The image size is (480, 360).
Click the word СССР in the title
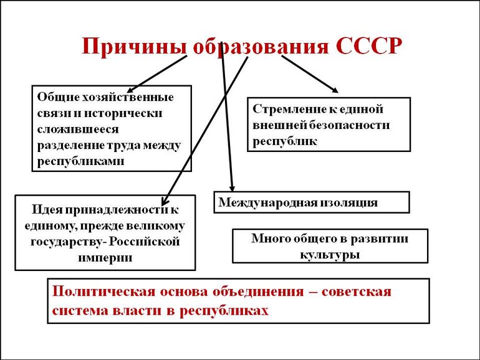(367, 47)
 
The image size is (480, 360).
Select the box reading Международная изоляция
(312, 202)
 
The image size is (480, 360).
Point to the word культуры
(329, 254)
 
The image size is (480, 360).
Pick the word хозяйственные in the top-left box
(134, 97)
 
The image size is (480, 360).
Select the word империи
(105, 257)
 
